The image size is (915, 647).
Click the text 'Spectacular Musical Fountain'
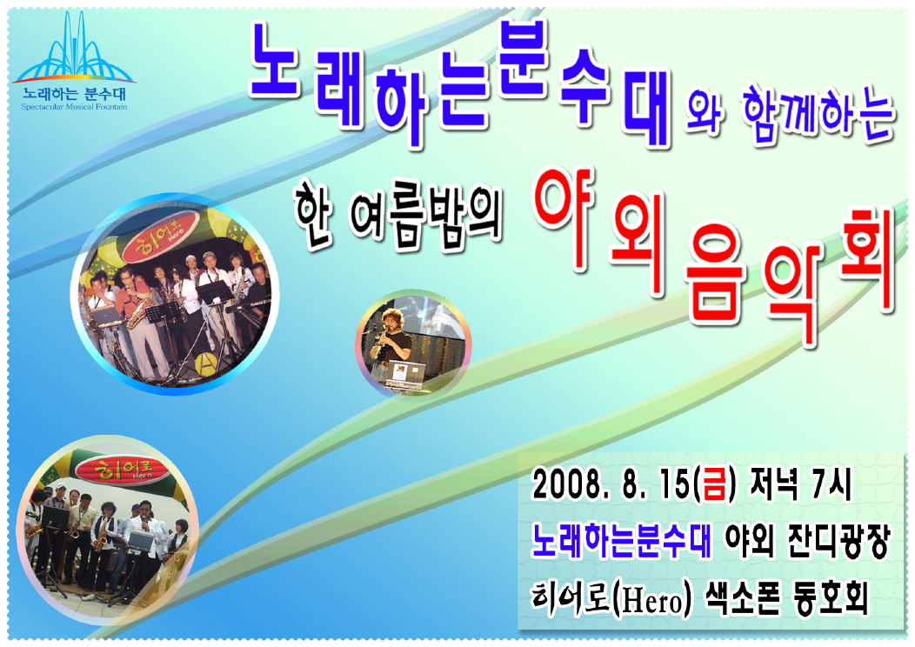coord(74,107)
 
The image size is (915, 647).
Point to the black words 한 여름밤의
coord(397,220)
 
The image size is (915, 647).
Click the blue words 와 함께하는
coord(791,117)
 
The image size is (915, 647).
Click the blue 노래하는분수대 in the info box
coord(622,540)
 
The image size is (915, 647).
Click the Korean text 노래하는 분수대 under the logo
coord(74,94)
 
